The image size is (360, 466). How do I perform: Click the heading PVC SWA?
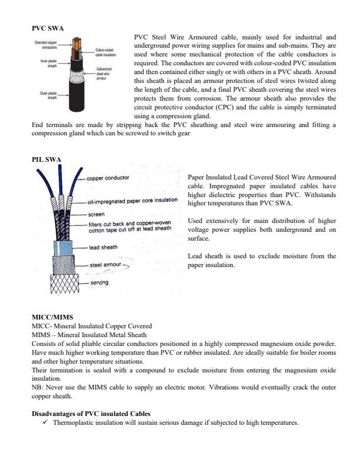[48, 28]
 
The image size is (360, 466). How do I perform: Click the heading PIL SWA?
[46, 159]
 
